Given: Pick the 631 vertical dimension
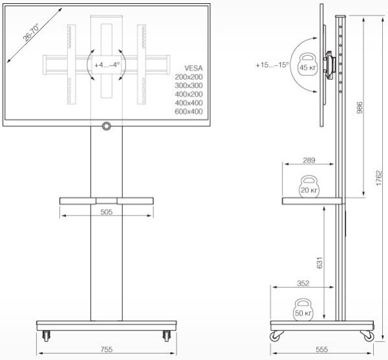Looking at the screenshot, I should [x=321, y=261].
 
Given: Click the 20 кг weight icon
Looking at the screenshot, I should [x=308, y=188].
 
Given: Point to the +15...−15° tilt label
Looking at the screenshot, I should [x=272, y=65].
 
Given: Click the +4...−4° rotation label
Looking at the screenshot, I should [x=106, y=65].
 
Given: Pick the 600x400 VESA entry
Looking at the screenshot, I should [x=189, y=112].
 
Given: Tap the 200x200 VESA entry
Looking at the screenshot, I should [x=189, y=76].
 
